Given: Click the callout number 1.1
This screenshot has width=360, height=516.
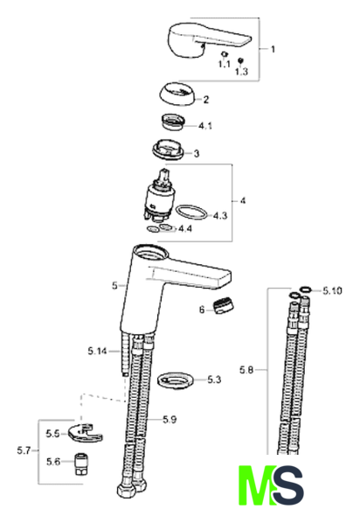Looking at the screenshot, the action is pos(224,64).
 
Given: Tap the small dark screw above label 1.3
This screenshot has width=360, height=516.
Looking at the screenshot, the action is pos(240,60).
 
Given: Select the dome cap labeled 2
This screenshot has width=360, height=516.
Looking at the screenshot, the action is pos(177,94).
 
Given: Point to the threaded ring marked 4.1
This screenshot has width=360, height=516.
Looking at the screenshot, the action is pos(172,122).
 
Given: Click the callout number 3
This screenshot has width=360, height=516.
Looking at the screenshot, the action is pos(197,153).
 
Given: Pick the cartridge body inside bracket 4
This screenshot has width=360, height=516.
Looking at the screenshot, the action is pos(157,197).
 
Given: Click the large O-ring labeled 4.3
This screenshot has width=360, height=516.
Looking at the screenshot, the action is pos(191,213).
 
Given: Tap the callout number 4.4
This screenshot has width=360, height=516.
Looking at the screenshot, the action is pos(185,228).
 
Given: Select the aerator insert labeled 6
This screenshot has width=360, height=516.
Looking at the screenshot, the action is pos(224,306).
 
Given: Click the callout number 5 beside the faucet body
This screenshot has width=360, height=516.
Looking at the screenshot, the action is pos(114,286).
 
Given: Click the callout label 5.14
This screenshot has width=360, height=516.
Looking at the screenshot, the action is pos(97,351).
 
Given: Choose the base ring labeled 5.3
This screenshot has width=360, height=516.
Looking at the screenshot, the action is pos(176,380).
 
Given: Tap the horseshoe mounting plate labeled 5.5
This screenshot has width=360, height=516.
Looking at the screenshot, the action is pos(85,434).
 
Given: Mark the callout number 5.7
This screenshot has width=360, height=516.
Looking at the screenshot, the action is pos(24,450).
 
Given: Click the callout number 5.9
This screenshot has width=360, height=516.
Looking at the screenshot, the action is pos(170,420).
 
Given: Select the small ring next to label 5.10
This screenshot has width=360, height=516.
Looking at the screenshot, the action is pos(306,289).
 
